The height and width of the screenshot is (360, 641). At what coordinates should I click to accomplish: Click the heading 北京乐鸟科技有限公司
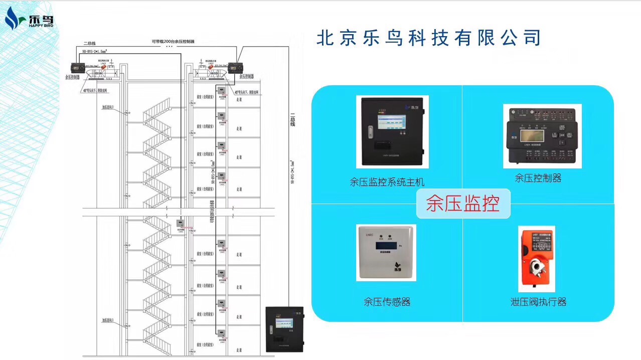(429, 38)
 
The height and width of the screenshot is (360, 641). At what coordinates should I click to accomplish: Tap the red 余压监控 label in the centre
(462, 204)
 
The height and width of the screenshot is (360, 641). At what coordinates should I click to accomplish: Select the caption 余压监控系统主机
(387, 182)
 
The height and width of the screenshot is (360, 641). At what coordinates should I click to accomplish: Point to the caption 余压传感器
(387, 302)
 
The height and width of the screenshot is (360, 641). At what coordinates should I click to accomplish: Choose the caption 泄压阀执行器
(538, 302)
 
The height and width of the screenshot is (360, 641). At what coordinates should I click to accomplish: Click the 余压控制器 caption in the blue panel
(538, 178)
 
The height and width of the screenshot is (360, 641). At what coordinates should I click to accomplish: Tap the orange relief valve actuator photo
(537, 258)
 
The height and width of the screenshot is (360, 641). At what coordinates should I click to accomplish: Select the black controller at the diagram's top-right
(235, 67)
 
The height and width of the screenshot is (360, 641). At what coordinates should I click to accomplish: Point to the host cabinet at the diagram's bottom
(285, 328)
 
